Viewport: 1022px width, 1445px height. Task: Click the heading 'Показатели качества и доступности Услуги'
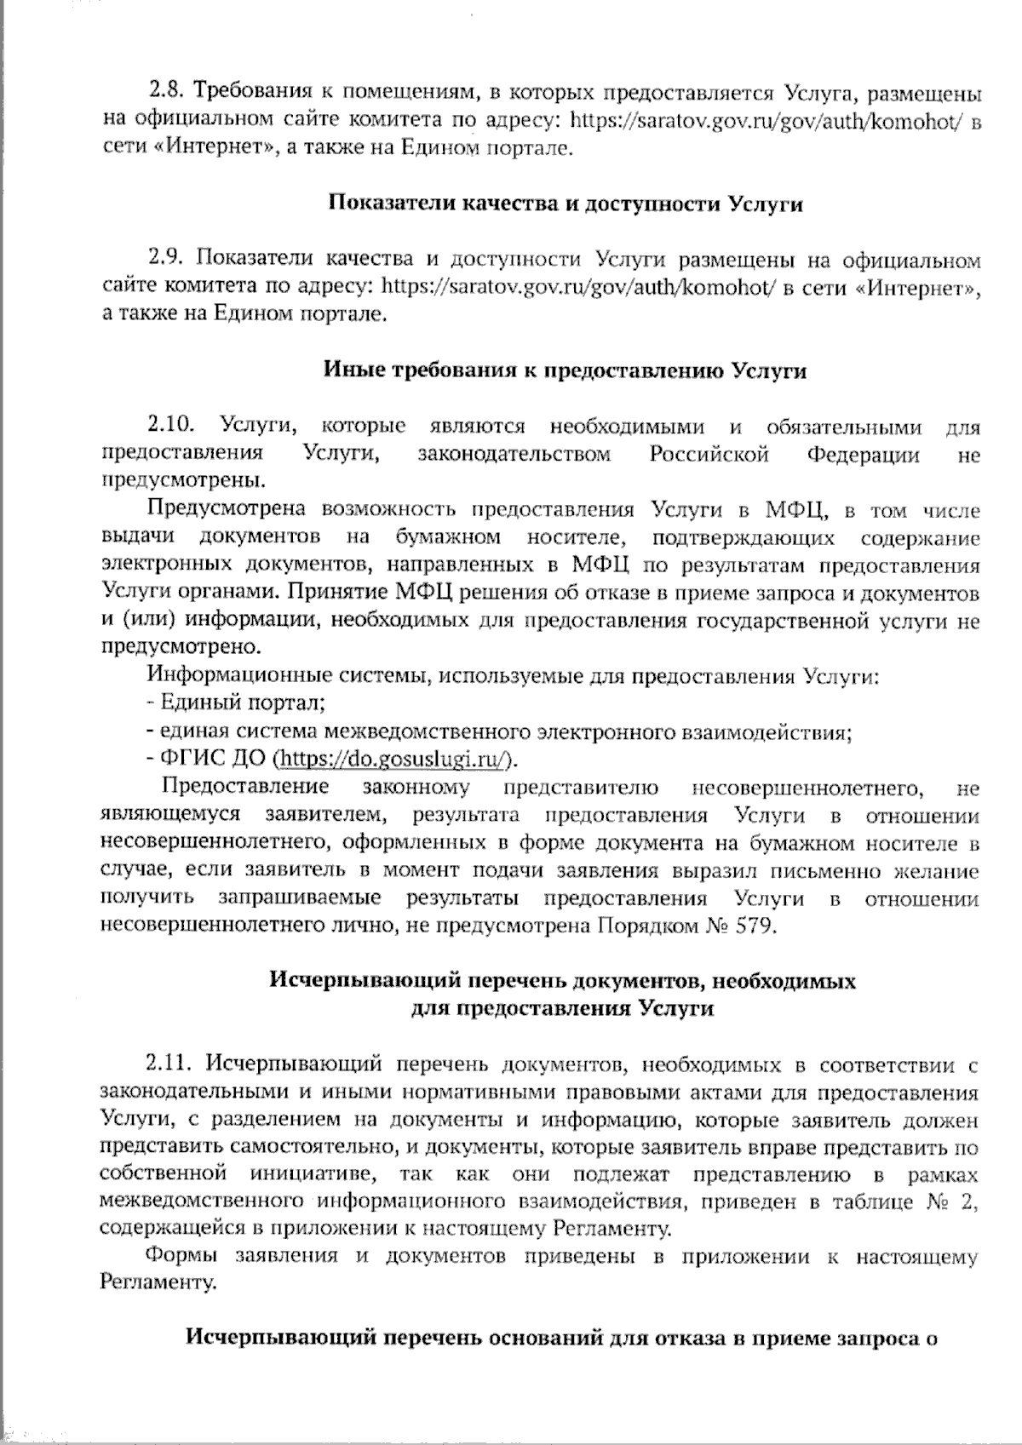(566, 204)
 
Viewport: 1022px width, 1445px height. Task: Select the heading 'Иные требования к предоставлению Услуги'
(566, 371)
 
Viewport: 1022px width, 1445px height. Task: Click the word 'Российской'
(709, 454)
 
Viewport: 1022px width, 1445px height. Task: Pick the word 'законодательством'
(514, 454)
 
